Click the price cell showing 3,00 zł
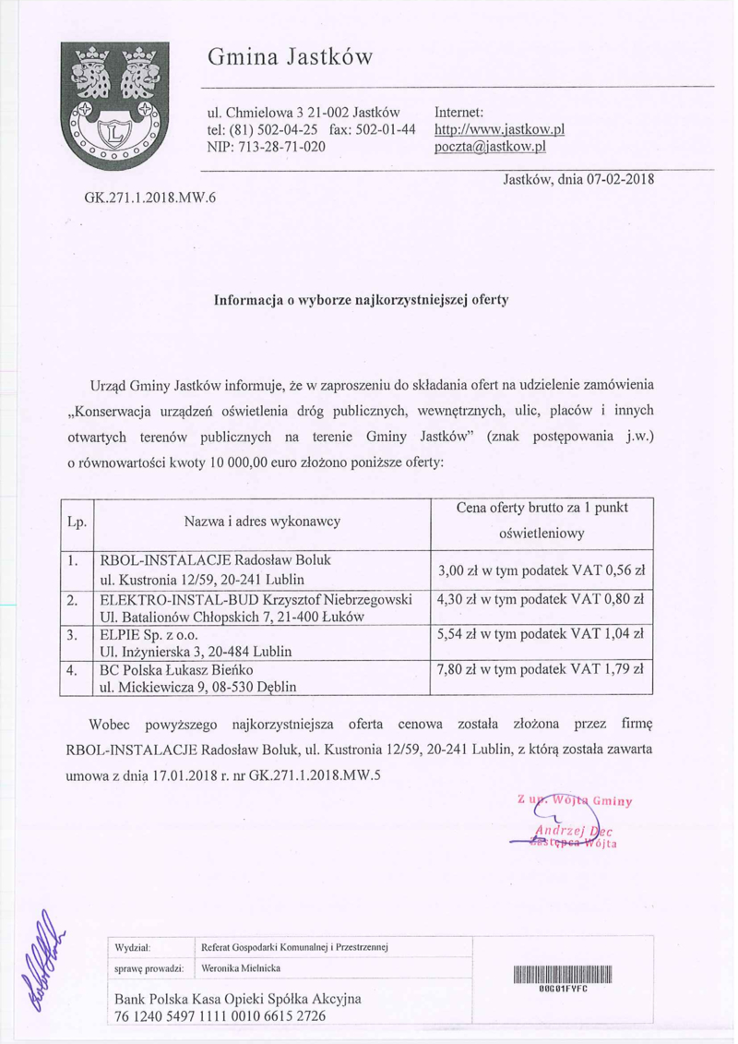pos(543,571)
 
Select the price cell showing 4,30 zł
pos(543,600)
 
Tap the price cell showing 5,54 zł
pos(543,635)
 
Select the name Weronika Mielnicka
pos(243,968)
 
